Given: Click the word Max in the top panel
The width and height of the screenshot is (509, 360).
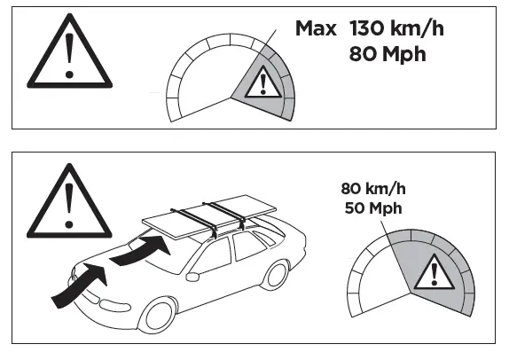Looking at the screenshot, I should (316, 28).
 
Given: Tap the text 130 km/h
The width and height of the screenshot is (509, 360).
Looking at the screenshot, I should (396, 28).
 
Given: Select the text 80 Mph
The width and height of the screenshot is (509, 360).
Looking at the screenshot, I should (388, 54).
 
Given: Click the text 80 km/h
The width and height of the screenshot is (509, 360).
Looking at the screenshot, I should (372, 188).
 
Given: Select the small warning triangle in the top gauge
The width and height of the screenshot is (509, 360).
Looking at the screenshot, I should (261, 84).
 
